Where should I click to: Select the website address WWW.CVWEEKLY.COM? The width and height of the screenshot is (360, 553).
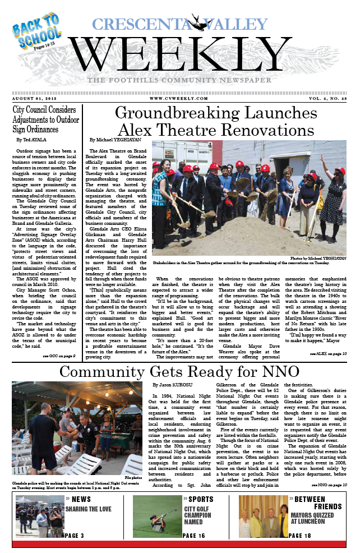click(x=179, y=98)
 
